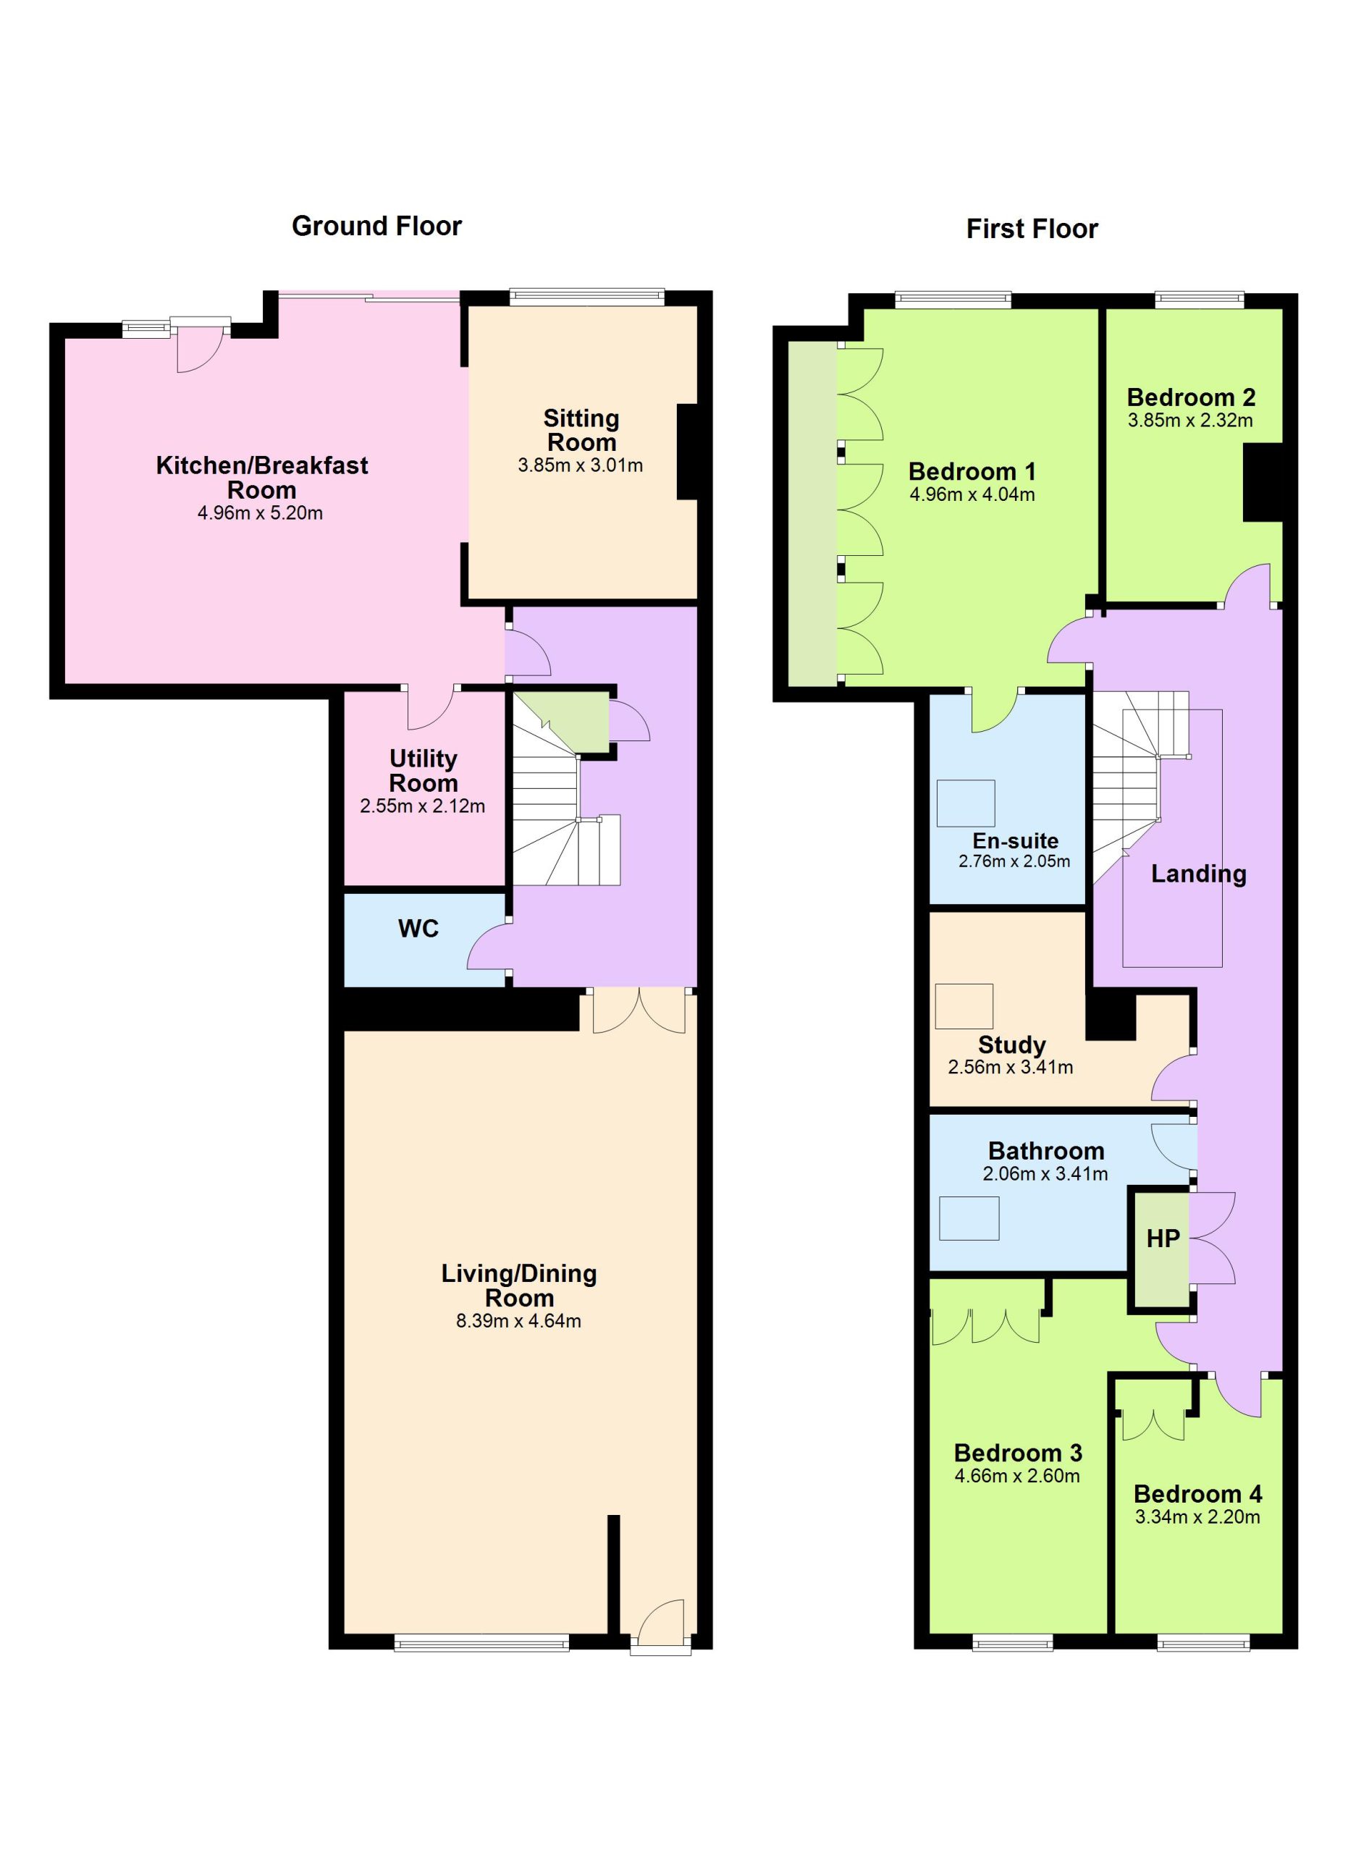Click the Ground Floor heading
pyautogui.click(x=376, y=226)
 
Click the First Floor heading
pyautogui.click(x=1032, y=229)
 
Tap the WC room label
pyautogui.click(x=418, y=928)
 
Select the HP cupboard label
pyautogui.click(x=1163, y=1238)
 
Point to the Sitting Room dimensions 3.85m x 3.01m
pyautogui.click(x=580, y=465)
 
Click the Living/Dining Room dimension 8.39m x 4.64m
pyautogui.click(x=519, y=1321)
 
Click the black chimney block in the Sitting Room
pyautogui.click(x=686, y=452)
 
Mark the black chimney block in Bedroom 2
pyautogui.click(x=1263, y=483)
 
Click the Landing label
pyautogui.click(x=1198, y=874)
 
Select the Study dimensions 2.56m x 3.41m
pyautogui.click(x=1011, y=1067)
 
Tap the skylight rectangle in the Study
pyautogui.click(x=964, y=1005)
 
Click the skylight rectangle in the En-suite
pyautogui.click(x=966, y=803)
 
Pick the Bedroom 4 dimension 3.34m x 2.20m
pyautogui.click(x=1197, y=1517)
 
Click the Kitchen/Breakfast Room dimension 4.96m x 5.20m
pyautogui.click(x=260, y=513)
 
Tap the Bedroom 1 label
pyautogui.click(x=972, y=471)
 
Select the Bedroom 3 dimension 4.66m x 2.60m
pyautogui.click(x=1017, y=1477)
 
